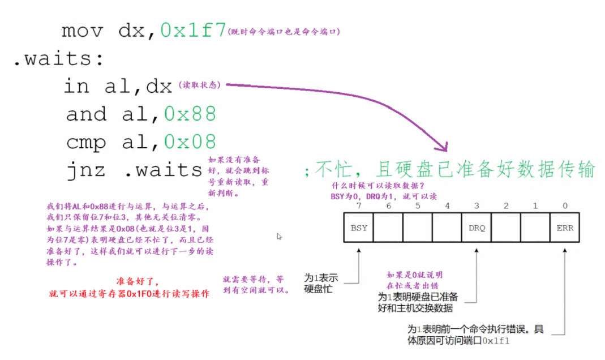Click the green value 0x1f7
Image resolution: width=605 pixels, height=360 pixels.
coord(193,29)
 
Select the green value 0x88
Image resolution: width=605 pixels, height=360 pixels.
coord(190,114)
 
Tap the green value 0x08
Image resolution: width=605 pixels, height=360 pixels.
coord(190,141)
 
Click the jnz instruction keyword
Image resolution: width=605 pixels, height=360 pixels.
coord(85,169)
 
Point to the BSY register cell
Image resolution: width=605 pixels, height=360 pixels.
coord(359,228)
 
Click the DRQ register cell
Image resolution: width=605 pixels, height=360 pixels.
coord(477,228)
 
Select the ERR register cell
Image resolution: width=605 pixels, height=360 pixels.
coord(564,228)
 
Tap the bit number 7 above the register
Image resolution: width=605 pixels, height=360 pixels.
coord(359,205)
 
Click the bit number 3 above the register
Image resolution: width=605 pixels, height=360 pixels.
coord(477,205)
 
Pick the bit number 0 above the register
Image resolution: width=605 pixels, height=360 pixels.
coord(564,205)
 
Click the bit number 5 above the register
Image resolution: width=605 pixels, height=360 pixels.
coord(418,205)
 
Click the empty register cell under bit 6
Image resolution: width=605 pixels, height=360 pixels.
coord(388,228)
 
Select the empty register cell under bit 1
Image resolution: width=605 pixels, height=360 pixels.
coord(535,228)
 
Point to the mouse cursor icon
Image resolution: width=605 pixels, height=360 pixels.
coord(279,237)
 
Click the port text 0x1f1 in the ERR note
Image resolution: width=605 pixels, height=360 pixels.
coord(497,341)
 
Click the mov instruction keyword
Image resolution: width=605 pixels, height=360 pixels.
coord(83,29)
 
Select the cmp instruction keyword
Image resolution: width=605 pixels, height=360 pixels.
coord(85,141)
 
